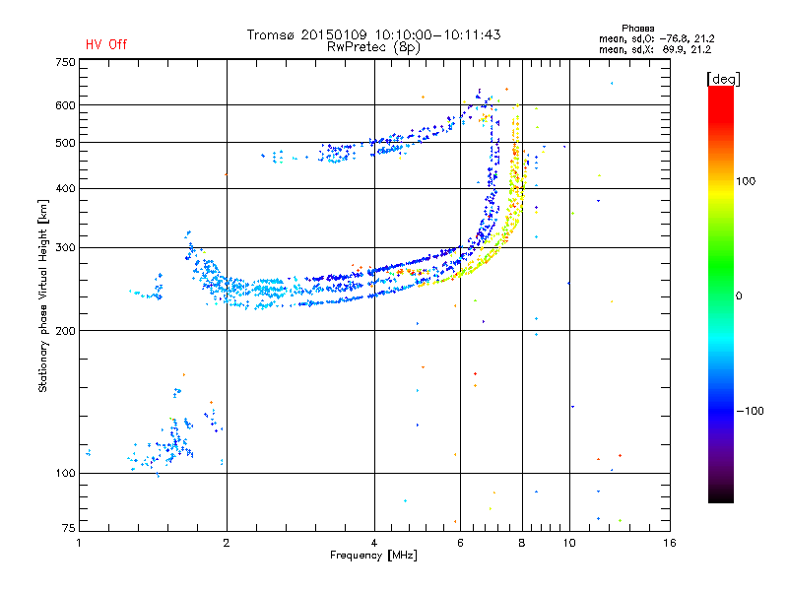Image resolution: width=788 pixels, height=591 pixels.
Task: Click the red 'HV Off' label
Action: (x=106, y=44)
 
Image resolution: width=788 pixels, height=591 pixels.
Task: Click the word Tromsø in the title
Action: (x=272, y=34)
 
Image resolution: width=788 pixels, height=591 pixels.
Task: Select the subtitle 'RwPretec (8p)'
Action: (x=373, y=47)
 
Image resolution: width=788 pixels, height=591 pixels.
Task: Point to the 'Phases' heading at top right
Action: (x=637, y=29)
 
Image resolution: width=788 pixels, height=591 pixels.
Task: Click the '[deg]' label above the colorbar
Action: (x=723, y=79)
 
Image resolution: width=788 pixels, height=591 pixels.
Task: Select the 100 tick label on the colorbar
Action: (x=746, y=181)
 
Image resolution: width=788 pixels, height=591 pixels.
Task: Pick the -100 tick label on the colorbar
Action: (x=750, y=411)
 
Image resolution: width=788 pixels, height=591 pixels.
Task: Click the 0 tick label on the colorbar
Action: (x=739, y=296)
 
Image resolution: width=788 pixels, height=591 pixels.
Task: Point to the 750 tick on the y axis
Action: (x=65, y=62)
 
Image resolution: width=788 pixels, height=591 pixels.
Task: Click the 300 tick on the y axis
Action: (x=65, y=248)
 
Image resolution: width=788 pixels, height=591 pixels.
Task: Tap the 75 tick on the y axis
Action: (x=69, y=528)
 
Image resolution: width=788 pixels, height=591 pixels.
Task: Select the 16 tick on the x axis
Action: (x=670, y=543)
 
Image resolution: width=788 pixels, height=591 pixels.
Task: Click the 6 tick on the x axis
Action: (x=460, y=543)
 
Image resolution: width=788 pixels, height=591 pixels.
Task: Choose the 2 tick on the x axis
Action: (x=227, y=543)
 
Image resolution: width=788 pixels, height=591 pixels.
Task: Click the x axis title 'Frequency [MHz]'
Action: (x=373, y=556)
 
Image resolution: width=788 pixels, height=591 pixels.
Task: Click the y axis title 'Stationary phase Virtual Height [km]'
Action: (x=42, y=295)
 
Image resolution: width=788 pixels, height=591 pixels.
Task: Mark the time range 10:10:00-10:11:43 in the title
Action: (x=437, y=34)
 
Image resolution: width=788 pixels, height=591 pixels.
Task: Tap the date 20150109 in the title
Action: (x=334, y=34)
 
